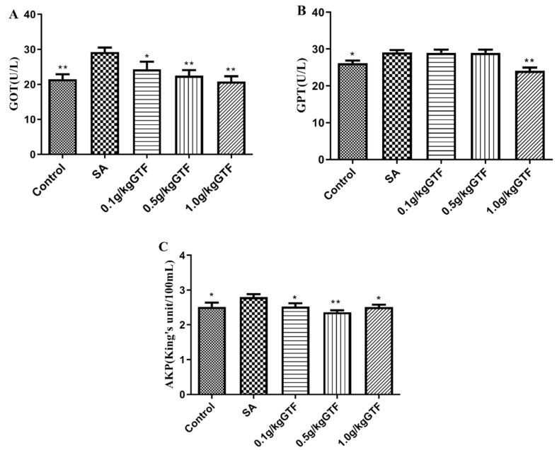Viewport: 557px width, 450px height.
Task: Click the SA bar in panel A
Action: coord(104,103)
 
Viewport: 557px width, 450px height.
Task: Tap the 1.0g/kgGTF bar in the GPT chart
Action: coord(530,115)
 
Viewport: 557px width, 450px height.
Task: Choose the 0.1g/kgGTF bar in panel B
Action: coord(441,106)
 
